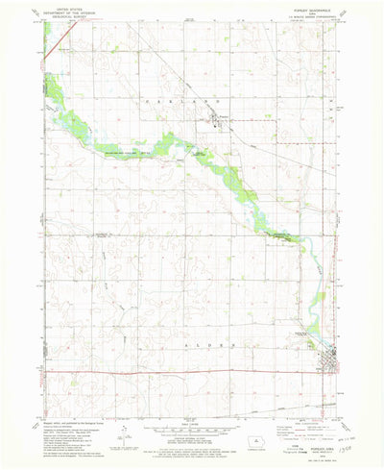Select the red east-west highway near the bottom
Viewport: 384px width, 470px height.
coord(173,371)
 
